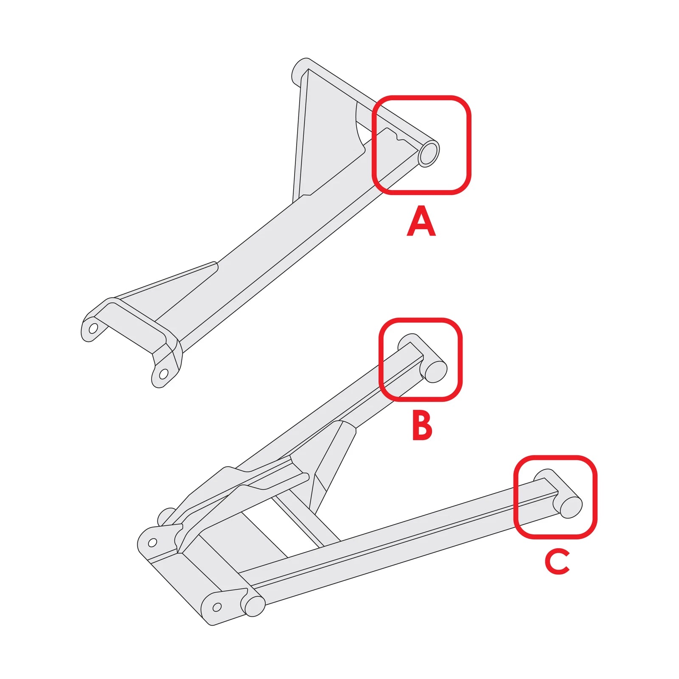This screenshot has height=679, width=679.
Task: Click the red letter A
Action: pos(421,221)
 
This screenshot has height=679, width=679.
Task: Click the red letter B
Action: pos(422,426)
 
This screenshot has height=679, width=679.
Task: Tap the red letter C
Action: pos(557,561)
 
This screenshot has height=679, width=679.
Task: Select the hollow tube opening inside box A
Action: pos(429,153)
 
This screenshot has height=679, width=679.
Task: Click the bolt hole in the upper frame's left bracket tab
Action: pos(93,328)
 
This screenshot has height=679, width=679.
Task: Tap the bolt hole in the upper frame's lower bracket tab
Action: pos(163,374)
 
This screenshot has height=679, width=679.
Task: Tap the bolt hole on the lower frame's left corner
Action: pos(152,542)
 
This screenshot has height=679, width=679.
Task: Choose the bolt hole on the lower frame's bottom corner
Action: pos(217,607)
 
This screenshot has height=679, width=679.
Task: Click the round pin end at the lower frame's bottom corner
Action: pos(254,606)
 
